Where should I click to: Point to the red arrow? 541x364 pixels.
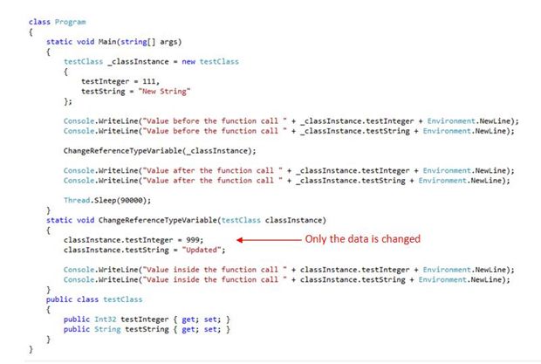[x=268, y=239]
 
